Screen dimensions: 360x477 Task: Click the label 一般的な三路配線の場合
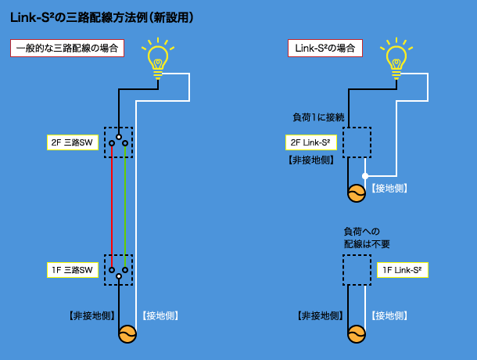(67, 48)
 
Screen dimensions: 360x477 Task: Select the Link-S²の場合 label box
(325, 48)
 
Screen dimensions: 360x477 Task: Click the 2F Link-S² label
(313, 142)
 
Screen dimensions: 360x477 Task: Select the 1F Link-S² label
(403, 270)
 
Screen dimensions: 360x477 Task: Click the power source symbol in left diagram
(126, 335)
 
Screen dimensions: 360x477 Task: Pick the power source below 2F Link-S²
(357, 193)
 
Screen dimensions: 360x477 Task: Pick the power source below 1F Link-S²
(357, 335)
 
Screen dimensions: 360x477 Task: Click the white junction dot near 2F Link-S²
(365, 175)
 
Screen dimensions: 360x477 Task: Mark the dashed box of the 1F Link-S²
(357, 270)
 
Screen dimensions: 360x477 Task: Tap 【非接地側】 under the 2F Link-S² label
(311, 160)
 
